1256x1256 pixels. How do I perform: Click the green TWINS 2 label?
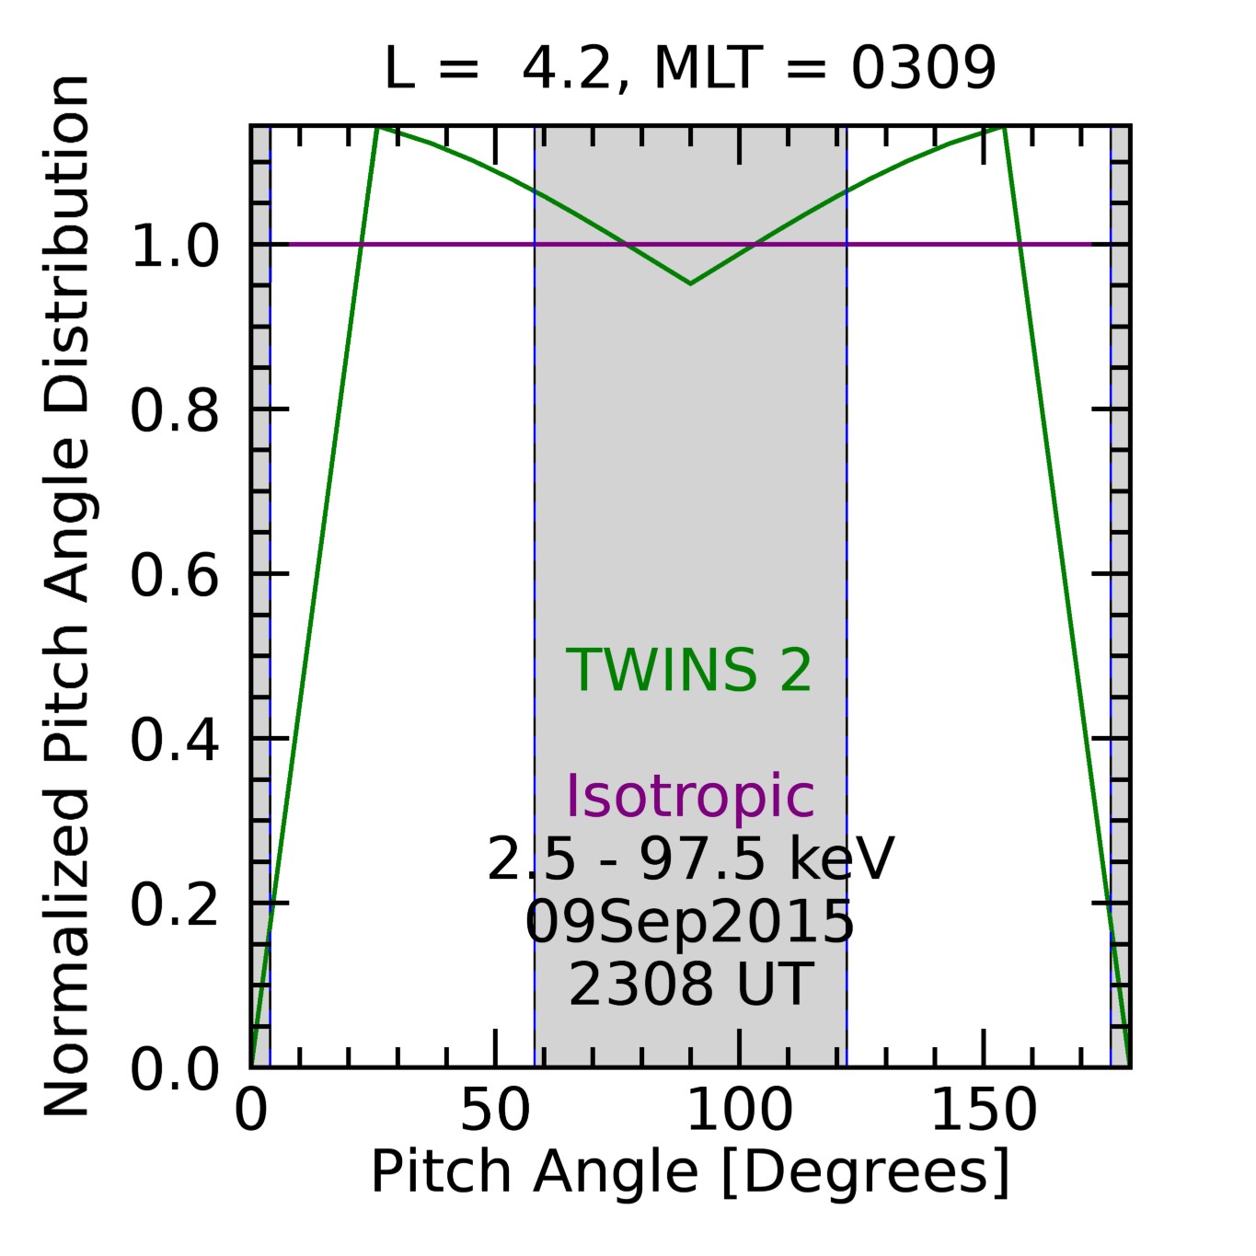click(x=689, y=670)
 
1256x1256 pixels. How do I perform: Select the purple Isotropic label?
click(x=689, y=796)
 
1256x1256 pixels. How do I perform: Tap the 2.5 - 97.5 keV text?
click(x=689, y=860)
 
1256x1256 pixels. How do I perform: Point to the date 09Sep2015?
click(x=689, y=922)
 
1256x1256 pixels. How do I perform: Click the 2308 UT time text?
click(x=689, y=984)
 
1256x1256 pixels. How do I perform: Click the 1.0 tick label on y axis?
click(x=175, y=247)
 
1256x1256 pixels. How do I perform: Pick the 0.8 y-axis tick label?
click(x=175, y=410)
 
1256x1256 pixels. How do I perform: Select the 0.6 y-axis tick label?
click(x=175, y=576)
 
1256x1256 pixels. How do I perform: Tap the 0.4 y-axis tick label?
click(x=175, y=740)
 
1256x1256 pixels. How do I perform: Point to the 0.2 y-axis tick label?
click(x=175, y=905)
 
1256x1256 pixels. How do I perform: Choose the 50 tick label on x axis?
click(x=495, y=1112)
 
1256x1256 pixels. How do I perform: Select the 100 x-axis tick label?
click(x=739, y=1112)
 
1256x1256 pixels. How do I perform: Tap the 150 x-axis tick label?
click(x=984, y=1112)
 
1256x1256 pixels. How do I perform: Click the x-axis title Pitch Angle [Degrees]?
click(x=690, y=1172)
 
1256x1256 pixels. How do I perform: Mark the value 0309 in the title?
click(x=923, y=68)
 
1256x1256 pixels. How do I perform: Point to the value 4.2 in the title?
click(x=566, y=68)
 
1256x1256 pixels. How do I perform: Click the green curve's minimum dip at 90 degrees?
click(x=690, y=283)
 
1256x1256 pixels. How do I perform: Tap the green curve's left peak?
click(x=377, y=128)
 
